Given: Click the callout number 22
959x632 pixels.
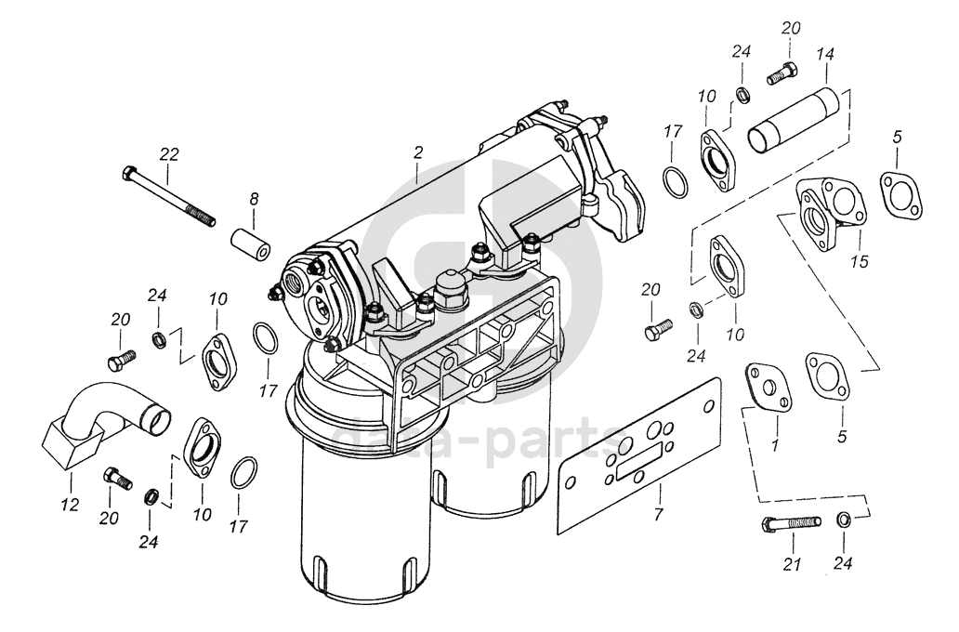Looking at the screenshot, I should click(x=168, y=152).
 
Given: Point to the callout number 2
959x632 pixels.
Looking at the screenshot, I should click(x=418, y=152).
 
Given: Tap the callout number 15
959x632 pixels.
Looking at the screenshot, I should click(x=859, y=262).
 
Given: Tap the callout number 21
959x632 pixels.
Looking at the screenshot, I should click(x=792, y=562).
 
